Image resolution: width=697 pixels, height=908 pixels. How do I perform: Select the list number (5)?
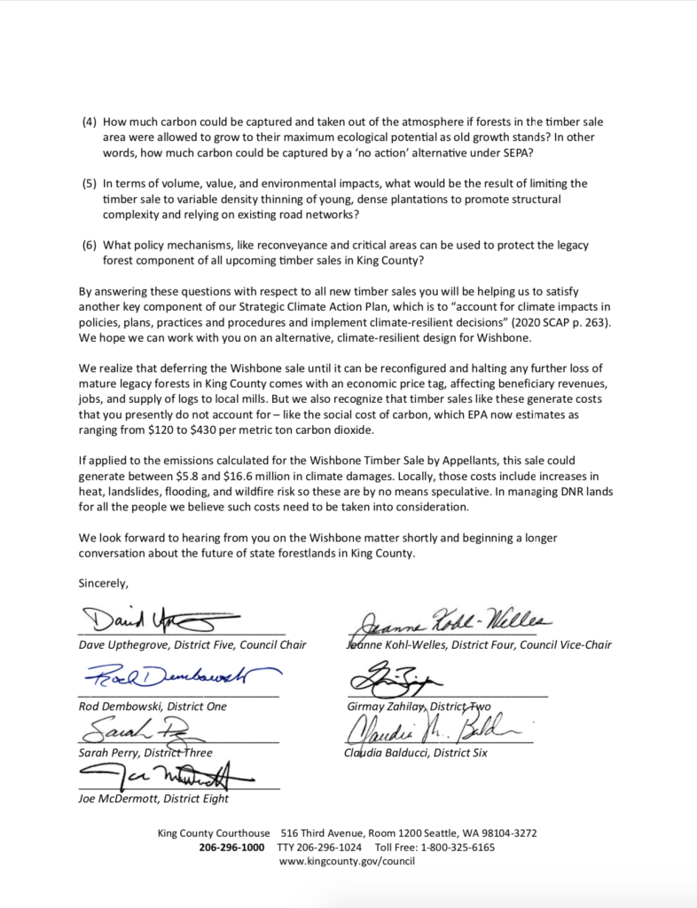89,183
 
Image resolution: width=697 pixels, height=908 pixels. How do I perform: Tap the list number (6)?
89,245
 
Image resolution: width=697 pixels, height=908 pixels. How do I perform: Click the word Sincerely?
104,583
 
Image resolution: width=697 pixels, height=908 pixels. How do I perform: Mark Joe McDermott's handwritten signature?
168,775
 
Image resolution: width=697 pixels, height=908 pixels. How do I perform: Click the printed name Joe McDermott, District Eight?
153,798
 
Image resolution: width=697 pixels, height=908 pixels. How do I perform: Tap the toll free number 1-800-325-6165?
460,847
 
